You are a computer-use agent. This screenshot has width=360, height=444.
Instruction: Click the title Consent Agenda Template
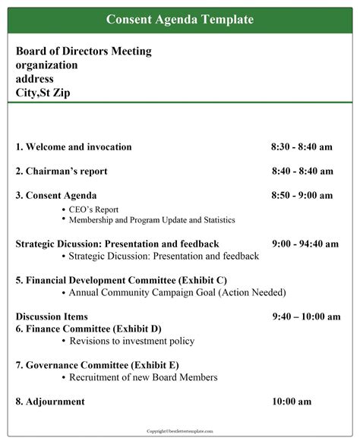pyautogui.click(x=180, y=19)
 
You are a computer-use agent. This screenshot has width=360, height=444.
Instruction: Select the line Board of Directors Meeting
pyautogui.click(x=84, y=52)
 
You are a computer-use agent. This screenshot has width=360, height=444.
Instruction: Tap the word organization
pyautogui.click(x=46, y=65)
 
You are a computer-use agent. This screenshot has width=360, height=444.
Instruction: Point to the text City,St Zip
pyautogui.click(x=46, y=93)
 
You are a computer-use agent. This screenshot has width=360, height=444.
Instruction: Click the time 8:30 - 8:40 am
pyautogui.click(x=302, y=146)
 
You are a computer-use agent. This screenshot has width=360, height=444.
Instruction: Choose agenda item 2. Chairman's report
pyautogui.click(x=62, y=171)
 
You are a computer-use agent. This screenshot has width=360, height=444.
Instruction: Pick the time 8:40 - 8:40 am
pyautogui.click(x=302, y=171)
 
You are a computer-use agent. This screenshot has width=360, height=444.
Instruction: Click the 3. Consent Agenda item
pyautogui.click(x=56, y=195)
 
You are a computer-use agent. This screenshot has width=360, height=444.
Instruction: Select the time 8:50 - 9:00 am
pyautogui.click(x=302, y=195)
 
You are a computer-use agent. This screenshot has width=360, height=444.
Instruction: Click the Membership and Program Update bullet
pyautogui.click(x=152, y=220)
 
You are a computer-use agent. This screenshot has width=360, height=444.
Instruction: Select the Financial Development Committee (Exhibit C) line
pyautogui.click(x=122, y=280)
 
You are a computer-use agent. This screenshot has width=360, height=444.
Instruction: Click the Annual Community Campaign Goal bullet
pyautogui.click(x=177, y=292)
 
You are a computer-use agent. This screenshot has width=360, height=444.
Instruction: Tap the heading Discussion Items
pyautogui.click(x=52, y=316)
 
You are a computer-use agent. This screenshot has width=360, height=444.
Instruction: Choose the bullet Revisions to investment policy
pyautogui.click(x=131, y=341)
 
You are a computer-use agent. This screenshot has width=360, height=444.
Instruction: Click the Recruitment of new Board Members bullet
pyautogui.click(x=143, y=377)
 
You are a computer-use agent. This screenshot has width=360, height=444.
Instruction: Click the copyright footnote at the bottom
pyautogui.click(x=180, y=430)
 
